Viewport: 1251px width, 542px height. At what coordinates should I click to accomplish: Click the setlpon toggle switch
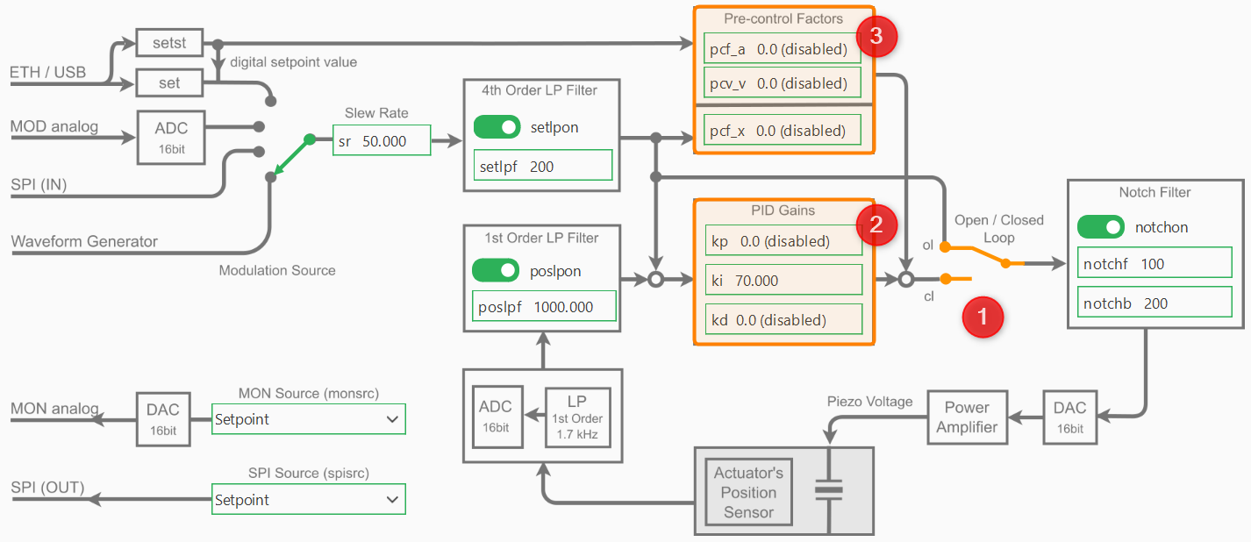pyautogui.click(x=497, y=127)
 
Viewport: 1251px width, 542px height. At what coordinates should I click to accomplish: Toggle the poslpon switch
pyautogui.click(x=496, y=270)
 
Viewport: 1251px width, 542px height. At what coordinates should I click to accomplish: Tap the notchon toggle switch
pyautogui.click(x=1101, y=227)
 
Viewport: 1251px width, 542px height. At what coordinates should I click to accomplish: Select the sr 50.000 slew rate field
pyautogui.click(x=382, y=140)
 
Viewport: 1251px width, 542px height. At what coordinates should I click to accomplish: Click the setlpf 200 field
pyautogui.click(x=542, y=166)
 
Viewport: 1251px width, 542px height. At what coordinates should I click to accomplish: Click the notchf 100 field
pyautogui.click(x=1154, y=264)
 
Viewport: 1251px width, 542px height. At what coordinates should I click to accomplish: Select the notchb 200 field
pyautogui.click(x=1154, y=303)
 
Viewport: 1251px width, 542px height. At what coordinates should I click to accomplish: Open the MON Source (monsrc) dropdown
pyautogui.click(x=309, y=419)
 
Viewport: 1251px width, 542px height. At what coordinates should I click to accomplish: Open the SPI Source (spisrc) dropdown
pyautogui.click(x=309, y=500)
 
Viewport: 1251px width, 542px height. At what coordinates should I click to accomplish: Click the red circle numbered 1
pyautogui.click(x=982, y=317)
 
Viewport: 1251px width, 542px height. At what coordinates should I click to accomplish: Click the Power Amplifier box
pyautogui.click(x=966, y=417)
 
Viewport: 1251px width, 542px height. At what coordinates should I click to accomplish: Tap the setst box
pyautogui.click(x=169, y=41)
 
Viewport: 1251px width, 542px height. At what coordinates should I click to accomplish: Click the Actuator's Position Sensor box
pyautogui.click(x=748, y=492)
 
